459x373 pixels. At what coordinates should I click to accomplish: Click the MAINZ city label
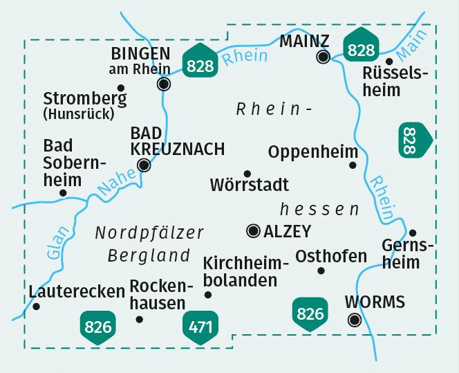point(305,41)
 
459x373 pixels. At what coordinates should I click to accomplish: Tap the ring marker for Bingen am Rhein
point(164,84)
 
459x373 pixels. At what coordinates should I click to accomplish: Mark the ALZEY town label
point(288,231)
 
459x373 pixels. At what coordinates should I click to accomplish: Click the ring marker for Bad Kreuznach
point(144,165)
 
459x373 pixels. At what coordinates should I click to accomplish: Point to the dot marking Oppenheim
point(353,165)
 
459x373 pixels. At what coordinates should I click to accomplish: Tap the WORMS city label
point(374,302)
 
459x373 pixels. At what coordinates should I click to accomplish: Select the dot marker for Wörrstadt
point(247,174)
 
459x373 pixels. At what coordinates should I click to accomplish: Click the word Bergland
point(149,255)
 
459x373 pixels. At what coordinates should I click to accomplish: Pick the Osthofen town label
point(331,256)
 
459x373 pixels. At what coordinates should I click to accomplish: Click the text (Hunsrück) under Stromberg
point(78,114)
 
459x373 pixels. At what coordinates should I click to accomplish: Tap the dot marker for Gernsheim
point(413,233)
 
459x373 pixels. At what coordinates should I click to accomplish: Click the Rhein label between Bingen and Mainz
point(245,54)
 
